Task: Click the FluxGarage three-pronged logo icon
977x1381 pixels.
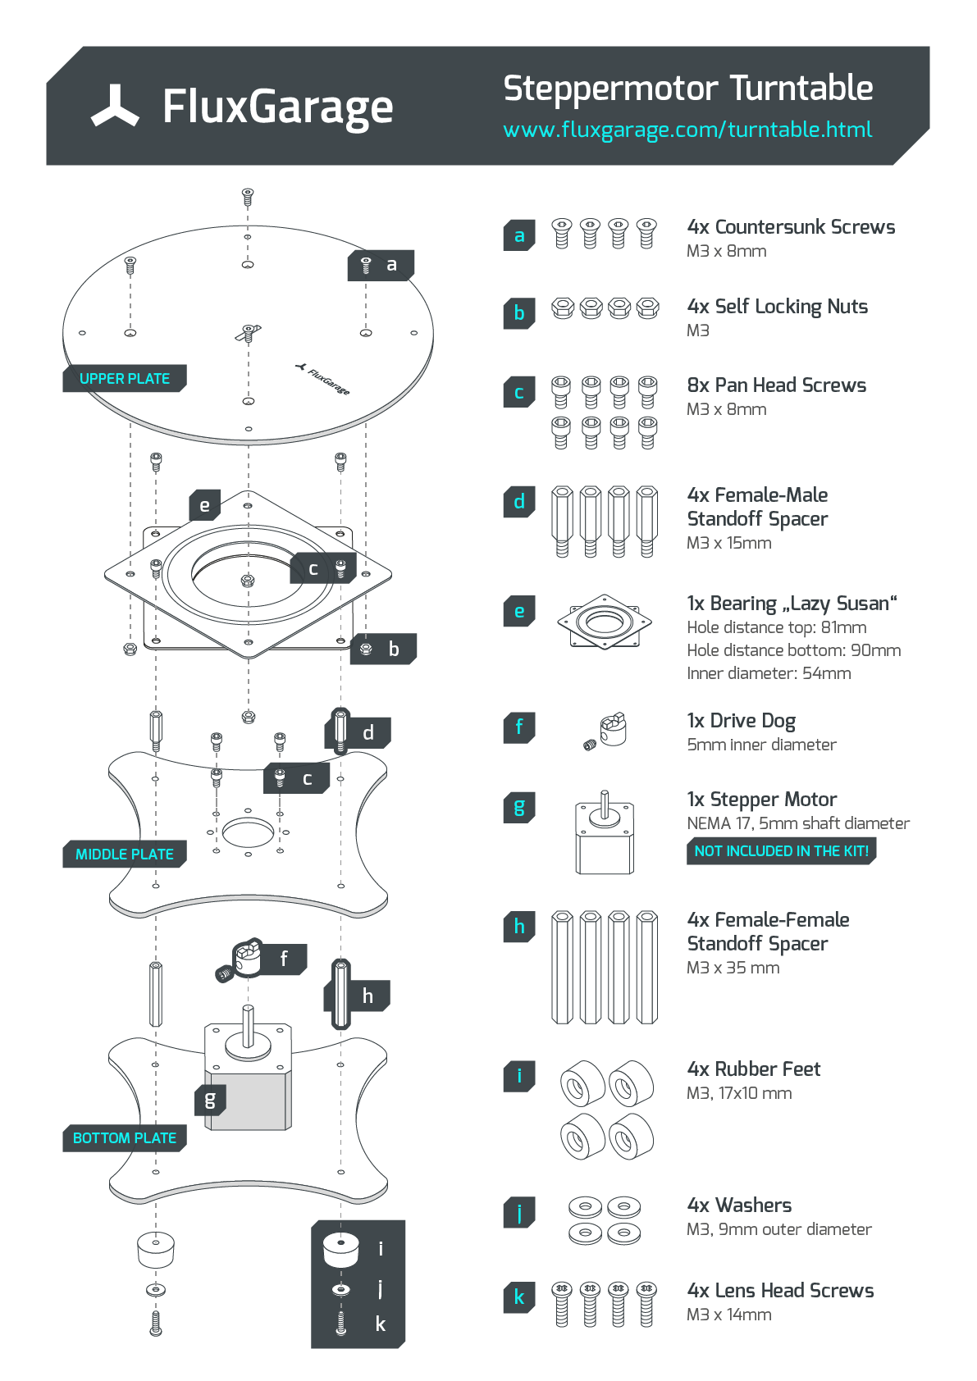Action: click(115, 107)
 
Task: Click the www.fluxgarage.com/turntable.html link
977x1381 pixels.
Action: click(687, 130)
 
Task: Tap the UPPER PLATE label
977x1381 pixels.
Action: click(124, 379)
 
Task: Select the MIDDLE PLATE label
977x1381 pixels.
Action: click(124, 855)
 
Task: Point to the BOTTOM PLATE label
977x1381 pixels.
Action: click(124, 1138)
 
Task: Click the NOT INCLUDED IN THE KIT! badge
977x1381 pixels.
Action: click(780, 851)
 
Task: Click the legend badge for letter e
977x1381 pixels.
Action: click(518, 611)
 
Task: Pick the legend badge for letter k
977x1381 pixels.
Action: click(518, 1297)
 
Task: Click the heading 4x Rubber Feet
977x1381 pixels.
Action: click(753, 1069)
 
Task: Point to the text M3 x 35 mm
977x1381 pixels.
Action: click(733, 968)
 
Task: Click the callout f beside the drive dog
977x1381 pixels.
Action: click(284, 959)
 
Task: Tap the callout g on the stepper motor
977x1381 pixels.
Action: click(210, 1100)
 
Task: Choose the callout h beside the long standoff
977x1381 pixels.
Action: click(368, 996)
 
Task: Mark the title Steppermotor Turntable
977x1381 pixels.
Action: click(687, 89)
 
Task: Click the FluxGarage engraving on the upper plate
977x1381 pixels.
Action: click(323, 380)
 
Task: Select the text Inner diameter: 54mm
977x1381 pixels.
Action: click(769, 673)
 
